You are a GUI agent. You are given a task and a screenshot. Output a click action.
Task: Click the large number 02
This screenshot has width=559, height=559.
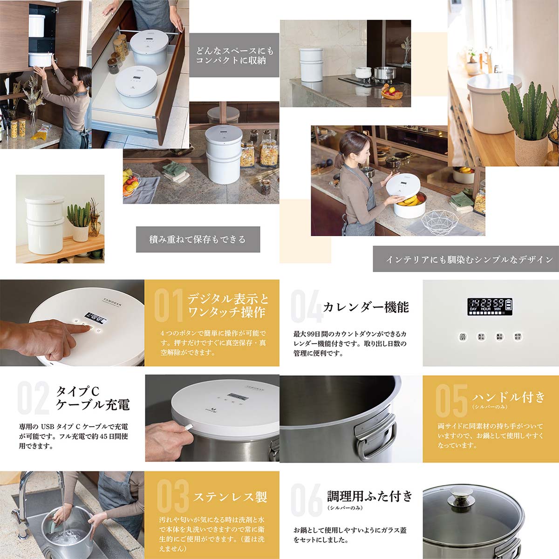click(x=33, y=398)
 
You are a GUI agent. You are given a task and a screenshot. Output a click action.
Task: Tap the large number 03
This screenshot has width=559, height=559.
click(x=173, y=496)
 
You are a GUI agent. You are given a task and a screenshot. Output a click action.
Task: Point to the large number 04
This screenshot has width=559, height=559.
click(x=306, y=306)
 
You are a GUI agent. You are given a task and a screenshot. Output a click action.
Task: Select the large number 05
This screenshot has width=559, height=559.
click(x=451, y=401)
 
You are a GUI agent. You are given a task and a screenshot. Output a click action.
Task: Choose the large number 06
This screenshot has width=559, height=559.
click(x=306, y=499)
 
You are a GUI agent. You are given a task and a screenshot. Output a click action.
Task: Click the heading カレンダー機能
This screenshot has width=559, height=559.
click(x=366, y=307)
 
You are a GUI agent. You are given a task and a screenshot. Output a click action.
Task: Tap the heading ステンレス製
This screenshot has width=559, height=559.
click(x=230, y=497)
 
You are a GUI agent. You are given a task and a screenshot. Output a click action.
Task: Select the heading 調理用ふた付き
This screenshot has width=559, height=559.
click(x=370, y=496)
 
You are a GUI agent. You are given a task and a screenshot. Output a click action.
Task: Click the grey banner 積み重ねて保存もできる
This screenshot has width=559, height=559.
click(x=198, y=239)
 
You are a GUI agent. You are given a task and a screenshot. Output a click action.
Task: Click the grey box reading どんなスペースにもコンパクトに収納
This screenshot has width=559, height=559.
click(x=234, y=55)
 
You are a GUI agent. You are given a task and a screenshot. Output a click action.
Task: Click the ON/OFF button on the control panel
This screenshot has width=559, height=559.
click(x=463, y=336)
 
